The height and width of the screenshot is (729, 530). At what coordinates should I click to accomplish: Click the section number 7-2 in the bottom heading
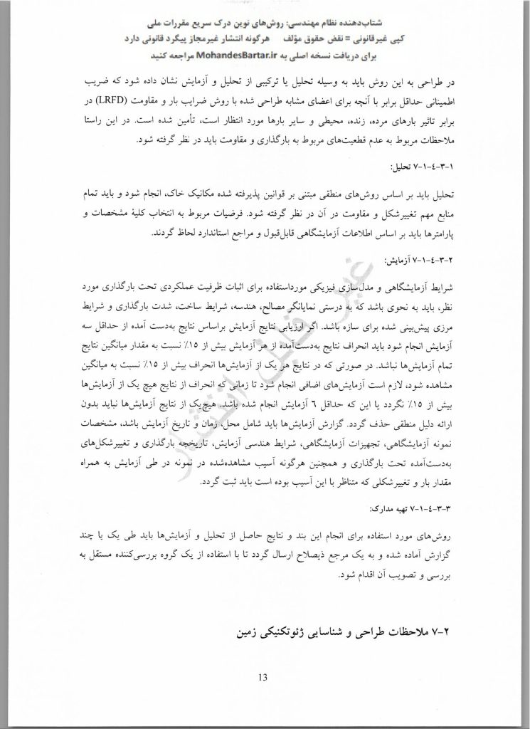(x=453, y=631)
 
